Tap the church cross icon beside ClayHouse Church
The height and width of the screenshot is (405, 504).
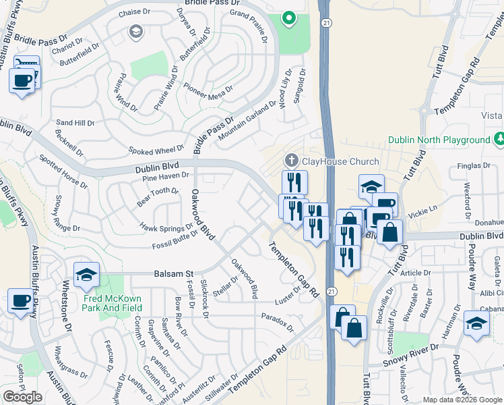pyautogui.click(x=291, y=161)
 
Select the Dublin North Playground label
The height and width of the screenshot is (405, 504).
pyautogui.click(x=439, y=140)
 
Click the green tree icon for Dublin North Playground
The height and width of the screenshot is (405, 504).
pyautogui.click(x=499, y=139)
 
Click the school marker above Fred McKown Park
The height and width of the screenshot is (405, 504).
pyautogui.click(x=86, y=275)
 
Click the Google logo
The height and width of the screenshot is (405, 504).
pyautogui.click(x=22, y=397)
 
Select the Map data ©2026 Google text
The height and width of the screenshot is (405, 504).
pyautogui.click(x=462, y=400)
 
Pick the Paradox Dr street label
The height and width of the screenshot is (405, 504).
pyautogui.click(x=278, y=321)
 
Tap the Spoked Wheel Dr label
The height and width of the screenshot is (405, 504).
pyautogui.click(x=158, y=149)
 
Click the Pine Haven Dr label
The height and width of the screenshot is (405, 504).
pyautogui.click(x=165, y=177)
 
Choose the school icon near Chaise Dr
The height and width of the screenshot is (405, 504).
pyautogui.click(x=136, y=32)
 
